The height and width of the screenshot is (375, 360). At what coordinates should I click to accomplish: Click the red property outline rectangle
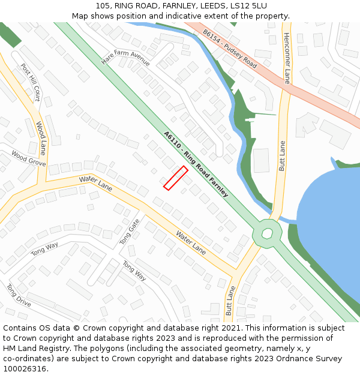(176, 178)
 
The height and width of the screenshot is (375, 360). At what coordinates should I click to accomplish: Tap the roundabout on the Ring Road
(267, 232)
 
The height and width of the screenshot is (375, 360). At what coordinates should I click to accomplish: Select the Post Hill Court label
(30, 82)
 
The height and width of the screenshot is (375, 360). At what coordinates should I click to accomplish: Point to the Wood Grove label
(28, 158)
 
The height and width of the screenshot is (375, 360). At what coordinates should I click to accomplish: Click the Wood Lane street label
(41, 138)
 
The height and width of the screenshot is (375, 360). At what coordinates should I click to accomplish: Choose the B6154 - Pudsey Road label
(230, 49)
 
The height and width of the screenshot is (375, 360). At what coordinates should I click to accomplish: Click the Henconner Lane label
(287, 58)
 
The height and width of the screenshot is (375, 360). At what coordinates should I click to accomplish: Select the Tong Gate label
(129, 231)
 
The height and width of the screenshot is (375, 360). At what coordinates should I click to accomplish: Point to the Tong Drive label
(19, 295)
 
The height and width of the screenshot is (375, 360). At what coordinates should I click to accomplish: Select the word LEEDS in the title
(208, 6)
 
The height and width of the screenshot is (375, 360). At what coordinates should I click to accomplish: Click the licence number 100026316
(25, 368)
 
